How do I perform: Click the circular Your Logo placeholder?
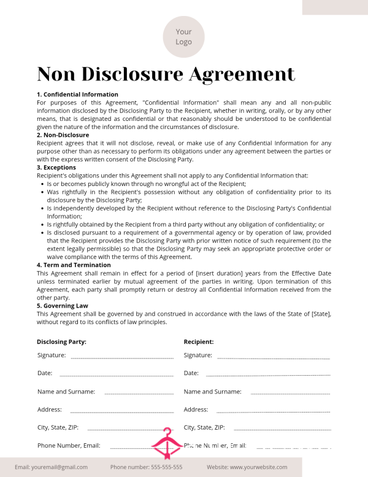pos(183,37)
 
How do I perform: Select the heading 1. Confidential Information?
pos(77,95)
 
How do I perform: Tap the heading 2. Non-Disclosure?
pos(63,135)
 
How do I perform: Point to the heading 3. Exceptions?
pos(56,168)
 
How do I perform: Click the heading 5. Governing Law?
pos(63,306)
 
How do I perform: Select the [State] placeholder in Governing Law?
pos(320,314)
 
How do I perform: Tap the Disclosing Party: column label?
pos(61,341)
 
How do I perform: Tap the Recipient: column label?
pos(199,341)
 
